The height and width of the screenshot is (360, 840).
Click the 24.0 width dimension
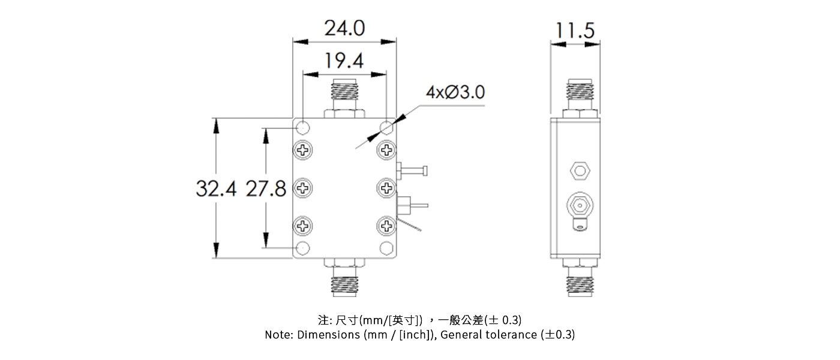coord(344,28)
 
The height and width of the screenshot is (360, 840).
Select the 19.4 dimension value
coord(344,61)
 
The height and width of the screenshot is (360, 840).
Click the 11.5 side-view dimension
coord(574,30)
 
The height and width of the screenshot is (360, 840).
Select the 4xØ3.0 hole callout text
coord(455,92)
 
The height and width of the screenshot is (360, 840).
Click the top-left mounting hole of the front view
coord(304,127)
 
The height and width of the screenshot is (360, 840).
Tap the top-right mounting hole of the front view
coord(386,127)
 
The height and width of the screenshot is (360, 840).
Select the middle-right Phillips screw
coord(386,188)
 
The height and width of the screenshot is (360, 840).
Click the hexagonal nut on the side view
coord(580,171)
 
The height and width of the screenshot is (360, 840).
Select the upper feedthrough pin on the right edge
coord(413,171)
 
